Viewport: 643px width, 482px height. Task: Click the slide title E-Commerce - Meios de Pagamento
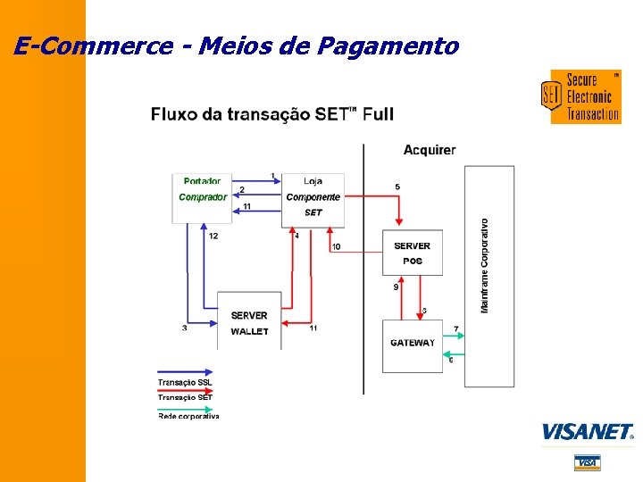coord(237,46)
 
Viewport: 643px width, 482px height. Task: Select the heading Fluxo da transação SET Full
coord(271,114)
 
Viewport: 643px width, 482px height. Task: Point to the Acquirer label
coord(429,150)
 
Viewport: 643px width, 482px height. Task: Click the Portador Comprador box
coord(202,197)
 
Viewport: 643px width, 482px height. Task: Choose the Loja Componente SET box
coord(313,197)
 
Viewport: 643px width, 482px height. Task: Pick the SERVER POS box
coord(412,253)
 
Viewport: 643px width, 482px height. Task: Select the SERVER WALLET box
coord(249,321)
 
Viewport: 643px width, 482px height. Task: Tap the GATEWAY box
coord(413,344)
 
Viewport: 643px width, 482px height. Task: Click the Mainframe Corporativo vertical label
coord(485,265)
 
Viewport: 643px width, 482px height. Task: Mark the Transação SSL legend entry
coord(185,382)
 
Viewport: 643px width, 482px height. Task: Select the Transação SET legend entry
coord(185,397)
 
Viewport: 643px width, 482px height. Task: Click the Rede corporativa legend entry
coord(188,415)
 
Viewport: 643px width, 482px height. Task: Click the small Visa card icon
coord(587,462)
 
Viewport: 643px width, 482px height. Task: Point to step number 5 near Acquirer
coord(397,187)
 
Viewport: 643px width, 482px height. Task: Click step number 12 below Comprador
coord(213,237)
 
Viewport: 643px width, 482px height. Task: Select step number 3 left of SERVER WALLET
coord(185,328)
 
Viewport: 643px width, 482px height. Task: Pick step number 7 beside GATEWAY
coord(455,329)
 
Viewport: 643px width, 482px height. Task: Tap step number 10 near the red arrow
coord(336,246)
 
